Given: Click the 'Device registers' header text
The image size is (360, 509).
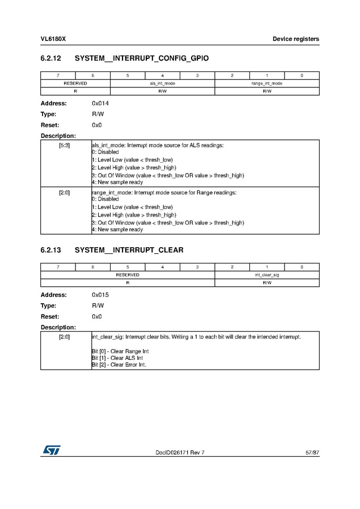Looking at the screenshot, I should (x=295, y=39).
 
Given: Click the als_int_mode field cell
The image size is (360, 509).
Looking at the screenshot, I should (x=162, y=83).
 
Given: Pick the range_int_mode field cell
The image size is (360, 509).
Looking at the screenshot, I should (x=266, y=83).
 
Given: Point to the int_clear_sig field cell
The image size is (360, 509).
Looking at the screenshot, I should (x=266, y=275).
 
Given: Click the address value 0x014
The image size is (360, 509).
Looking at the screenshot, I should (x=100, y=104).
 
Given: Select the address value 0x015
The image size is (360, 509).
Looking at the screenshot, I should (x=100, y=295).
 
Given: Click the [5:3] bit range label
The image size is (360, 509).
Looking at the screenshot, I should (x=65, y=146).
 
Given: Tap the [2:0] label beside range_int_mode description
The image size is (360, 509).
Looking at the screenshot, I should (x=65, y=193).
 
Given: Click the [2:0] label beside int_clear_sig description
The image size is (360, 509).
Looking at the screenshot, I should (x=65, y=337).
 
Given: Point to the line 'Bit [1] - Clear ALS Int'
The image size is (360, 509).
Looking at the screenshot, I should (x=117, y=358).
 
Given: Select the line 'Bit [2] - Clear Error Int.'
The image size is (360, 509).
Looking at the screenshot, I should (x=119, y=365).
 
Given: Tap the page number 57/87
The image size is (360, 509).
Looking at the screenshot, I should (x=312, y=452).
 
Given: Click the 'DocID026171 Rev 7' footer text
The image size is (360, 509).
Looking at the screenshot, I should (x=180, y=452).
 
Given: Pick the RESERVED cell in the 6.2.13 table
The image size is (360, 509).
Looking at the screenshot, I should (x=128, y=275).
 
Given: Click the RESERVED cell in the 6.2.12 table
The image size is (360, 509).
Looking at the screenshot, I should (x=75, y=83).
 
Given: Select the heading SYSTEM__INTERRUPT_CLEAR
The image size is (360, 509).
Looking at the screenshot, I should (x=129, y=250).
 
